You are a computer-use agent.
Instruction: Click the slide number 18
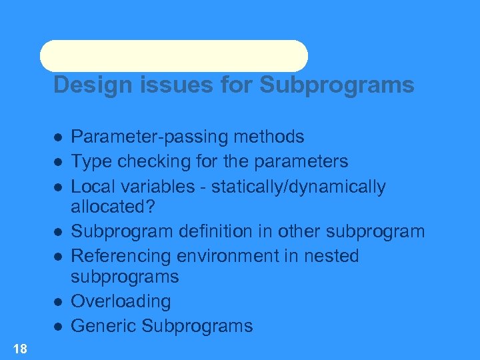coord(20,348)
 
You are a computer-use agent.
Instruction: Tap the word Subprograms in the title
coord(337,85)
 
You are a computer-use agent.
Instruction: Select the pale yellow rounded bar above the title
coord(174,56)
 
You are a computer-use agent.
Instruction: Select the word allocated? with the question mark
coord(113,207)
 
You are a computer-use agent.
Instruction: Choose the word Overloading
coord(121,301)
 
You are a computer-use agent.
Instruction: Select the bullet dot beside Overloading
coord(59,302)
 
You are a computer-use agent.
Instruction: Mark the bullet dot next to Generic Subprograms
coord(59,327)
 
